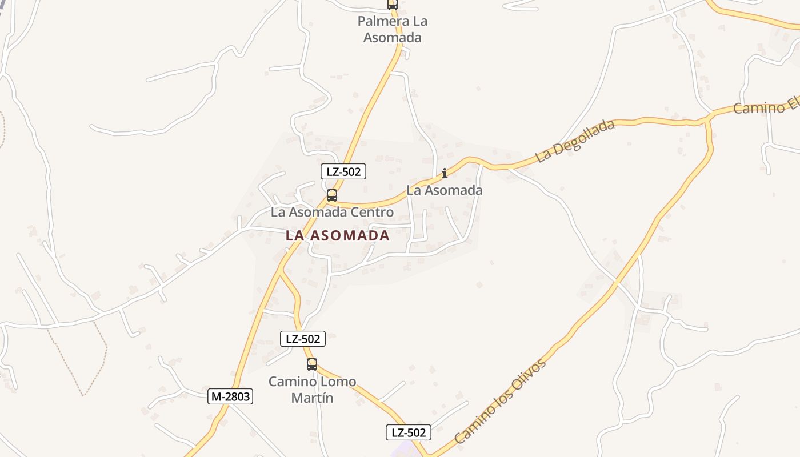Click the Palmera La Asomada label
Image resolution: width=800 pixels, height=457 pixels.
click(393, 30)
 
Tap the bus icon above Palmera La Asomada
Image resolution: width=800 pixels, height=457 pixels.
click(392, 5)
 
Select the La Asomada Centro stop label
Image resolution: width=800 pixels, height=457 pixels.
click(332, 213)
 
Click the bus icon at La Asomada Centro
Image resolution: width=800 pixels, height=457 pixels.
click(331, 195)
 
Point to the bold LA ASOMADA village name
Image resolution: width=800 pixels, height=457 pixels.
click(338, 235)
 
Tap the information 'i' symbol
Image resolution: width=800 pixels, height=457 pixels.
click(445, 173)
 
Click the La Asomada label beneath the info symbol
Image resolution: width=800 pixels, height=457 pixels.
click(445, 190)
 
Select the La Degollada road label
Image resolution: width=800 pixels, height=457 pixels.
click(575, 141)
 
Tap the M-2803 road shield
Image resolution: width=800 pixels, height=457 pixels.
click(230, 396)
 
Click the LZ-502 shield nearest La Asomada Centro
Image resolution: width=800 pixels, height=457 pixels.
click(343, 171)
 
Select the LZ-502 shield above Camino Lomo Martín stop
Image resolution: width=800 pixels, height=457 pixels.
click(303, 339)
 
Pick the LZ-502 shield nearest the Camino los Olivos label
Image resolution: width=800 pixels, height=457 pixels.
click(408, 432)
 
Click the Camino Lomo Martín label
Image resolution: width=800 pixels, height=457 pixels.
click(312, 390)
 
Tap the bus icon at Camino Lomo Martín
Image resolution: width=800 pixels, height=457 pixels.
click(311, 364)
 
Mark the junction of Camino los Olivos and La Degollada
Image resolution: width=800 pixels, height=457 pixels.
click(709, 119)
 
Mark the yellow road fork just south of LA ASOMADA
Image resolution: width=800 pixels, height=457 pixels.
click(281, 273)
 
